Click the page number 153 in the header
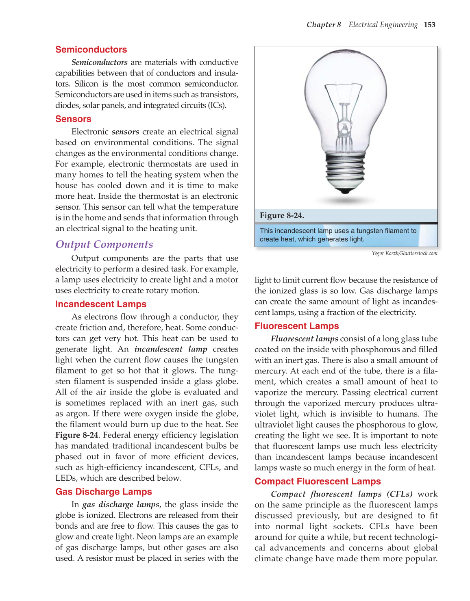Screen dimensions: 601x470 point(429,25)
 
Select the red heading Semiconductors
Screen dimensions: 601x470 point(91,50)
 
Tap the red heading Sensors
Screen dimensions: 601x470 point(73,119)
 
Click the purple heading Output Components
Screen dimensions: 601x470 point(104,244)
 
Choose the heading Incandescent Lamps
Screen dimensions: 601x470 point(100,304)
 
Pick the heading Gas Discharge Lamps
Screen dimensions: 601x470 point(103,492)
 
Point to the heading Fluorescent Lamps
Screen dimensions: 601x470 point(296,326)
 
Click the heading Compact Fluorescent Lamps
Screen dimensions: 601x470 point(318,482)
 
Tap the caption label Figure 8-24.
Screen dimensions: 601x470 point(282,216)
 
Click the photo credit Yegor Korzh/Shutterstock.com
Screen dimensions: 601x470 point(404,254)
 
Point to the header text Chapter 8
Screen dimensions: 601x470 point(324,25)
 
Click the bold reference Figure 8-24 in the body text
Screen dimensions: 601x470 point(76,435)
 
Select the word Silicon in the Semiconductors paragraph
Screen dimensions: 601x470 point(86,84)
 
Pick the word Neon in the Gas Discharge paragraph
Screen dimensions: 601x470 point(146,537)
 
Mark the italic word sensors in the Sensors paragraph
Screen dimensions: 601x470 point(125,132)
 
